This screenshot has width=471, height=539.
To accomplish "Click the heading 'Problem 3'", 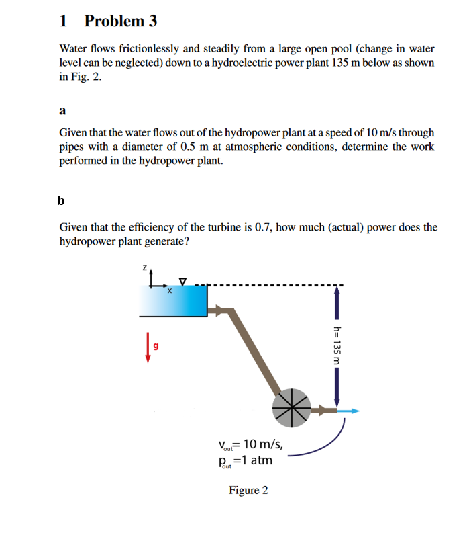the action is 121,21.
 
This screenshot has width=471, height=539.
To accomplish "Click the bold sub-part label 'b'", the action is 62,200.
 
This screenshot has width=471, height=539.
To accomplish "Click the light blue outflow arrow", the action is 348,411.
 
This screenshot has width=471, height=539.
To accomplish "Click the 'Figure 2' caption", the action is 248,490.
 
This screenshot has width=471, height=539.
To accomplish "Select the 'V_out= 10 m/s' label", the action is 250,444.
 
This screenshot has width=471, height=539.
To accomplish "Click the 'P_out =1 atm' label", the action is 245,460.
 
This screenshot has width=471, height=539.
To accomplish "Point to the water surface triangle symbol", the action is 182,280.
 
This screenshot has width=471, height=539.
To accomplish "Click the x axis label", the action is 169,291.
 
